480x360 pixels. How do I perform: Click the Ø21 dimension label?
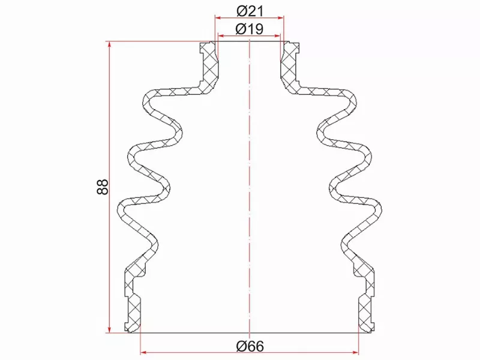(x=250, y=11)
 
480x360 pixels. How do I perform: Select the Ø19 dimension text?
(x=250, y=29)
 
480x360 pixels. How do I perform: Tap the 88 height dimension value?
(x=103, y=187)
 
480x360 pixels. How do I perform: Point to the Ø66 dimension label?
(x=250, y=346)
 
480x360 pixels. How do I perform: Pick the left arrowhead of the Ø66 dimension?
(x=144, y=352)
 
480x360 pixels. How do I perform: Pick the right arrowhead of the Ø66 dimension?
(x=355, y=352)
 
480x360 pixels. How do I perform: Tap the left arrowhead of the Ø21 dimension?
(x=219, y=18)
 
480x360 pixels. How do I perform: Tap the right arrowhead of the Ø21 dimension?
(x=280, y=18)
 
